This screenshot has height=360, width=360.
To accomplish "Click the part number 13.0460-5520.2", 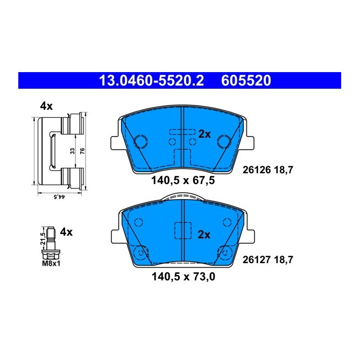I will click(x=151, y=81).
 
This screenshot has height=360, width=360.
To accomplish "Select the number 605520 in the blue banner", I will click(x=246, y=81).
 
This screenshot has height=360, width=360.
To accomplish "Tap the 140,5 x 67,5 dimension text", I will click(x=182, y=181).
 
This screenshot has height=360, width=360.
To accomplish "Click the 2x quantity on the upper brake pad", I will click(x=204, y=135).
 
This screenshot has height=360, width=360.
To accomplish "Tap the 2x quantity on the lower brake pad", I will click(x=204, y=234).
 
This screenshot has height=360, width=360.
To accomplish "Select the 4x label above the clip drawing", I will click(x=46, y=107).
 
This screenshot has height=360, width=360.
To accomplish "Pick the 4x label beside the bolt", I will click(x=66, y=232).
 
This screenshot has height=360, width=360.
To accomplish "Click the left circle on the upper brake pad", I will click(x=141, y=142).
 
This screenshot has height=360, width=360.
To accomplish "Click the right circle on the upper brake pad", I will click(x=223, y=142).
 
